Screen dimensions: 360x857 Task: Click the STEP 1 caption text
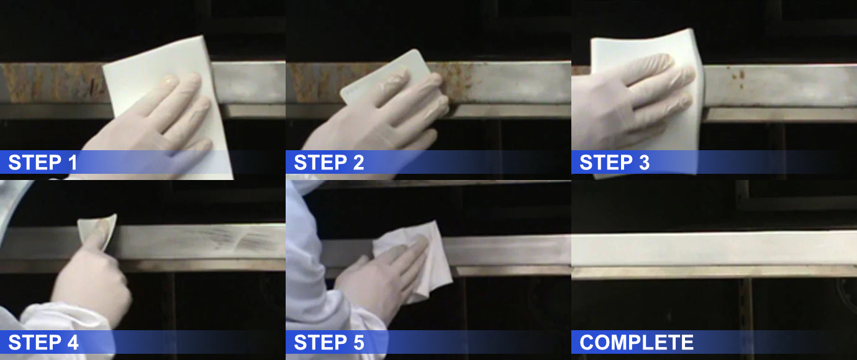tap(43, 163)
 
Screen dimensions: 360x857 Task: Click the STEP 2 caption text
tap(329, 163)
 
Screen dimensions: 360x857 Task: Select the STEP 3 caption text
tap(614, 163)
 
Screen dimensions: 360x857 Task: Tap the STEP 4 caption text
tap(43, 342)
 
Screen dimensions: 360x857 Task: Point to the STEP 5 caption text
tap(329, 342)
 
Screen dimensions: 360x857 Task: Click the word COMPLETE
tap(636, 342)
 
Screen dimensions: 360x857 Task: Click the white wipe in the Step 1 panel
tap(155, 62)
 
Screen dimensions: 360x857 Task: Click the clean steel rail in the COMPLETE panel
tap(714, 248)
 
